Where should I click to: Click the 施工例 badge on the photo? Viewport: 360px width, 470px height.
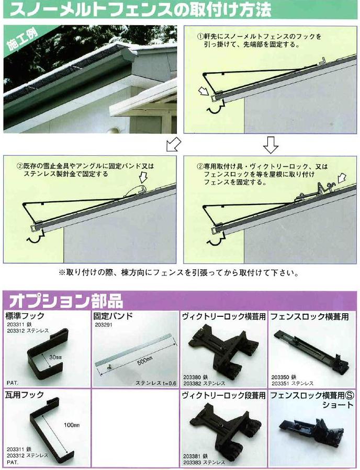[19, 41]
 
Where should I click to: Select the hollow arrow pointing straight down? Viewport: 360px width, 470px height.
[270, 145]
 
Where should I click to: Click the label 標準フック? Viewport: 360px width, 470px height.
[25, 316]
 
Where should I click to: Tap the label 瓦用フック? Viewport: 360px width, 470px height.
[25, 395]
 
